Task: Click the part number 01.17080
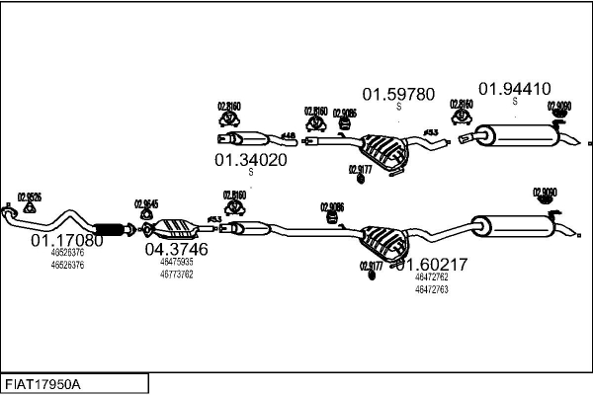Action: click(66, 240)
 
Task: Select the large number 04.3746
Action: click(176, 250)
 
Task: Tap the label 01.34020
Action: click(251, 160)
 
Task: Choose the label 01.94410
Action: click(515, 89)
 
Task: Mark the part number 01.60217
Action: click(431, 265)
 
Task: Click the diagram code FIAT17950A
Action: click(43, 383)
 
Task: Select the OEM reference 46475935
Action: click(176, 263)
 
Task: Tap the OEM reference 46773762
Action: click(176, 274)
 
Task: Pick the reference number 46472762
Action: click(431, 278)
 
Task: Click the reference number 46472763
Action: click(431, 289)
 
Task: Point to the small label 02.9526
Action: click(30, 197)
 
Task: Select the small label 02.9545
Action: click(145, 204)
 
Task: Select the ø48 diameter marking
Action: click(289, 135)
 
